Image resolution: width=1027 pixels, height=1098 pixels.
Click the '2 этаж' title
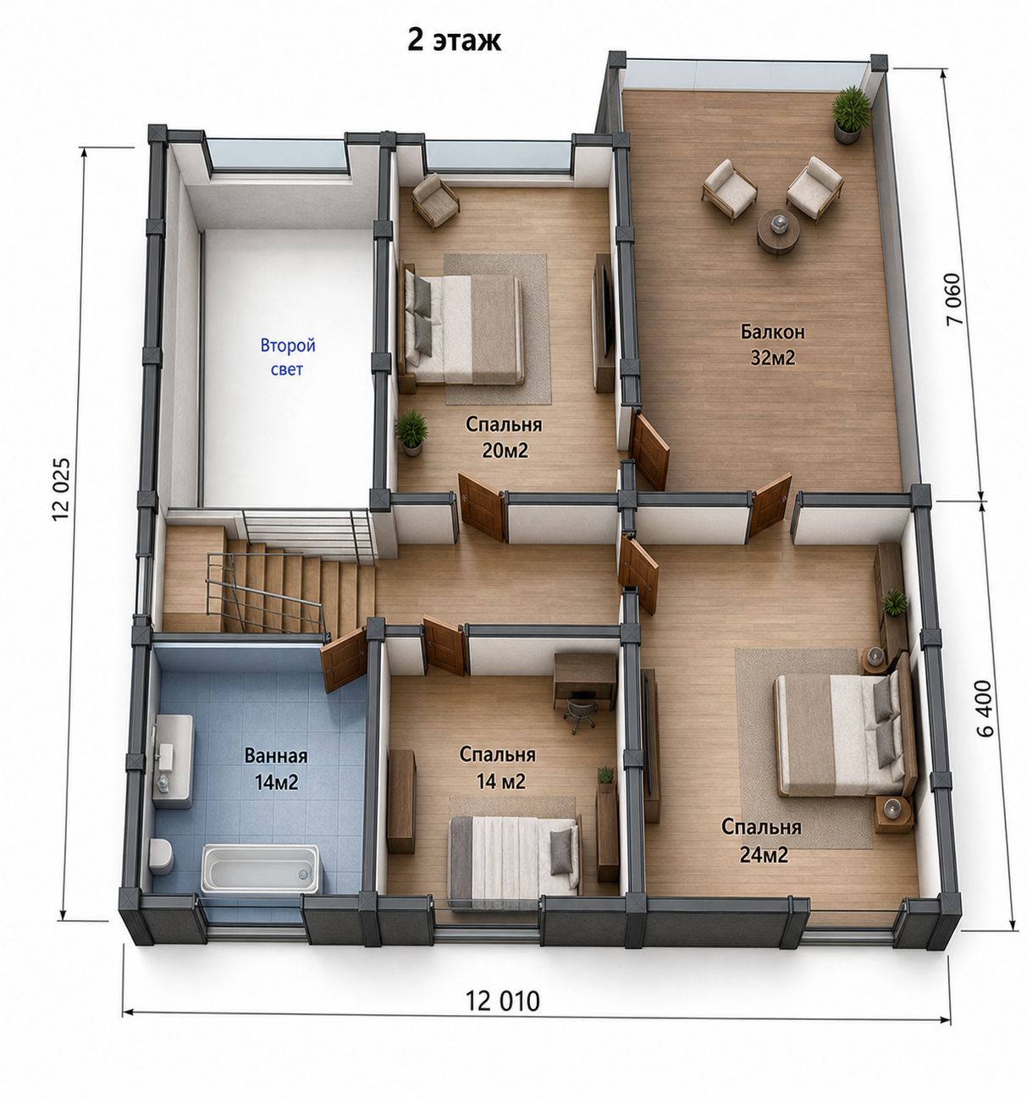pos(454,41)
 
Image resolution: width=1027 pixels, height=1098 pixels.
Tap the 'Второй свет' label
pos(288,357)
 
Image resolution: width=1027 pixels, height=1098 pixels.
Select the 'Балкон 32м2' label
pos(773,345)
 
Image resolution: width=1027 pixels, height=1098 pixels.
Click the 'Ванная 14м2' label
pos(276,769)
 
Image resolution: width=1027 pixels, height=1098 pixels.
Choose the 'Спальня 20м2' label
pos(504,438)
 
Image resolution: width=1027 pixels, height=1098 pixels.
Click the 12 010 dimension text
pos(502,1001)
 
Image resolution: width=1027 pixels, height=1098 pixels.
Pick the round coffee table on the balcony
pos(778,231)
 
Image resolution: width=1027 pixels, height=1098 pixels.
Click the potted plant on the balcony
pos(850,114)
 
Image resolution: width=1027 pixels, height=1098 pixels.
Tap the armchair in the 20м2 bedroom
pos(435,200)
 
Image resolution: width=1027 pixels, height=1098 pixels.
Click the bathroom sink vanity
pos(173,761)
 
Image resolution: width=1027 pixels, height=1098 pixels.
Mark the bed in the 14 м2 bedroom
pos(514,860)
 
